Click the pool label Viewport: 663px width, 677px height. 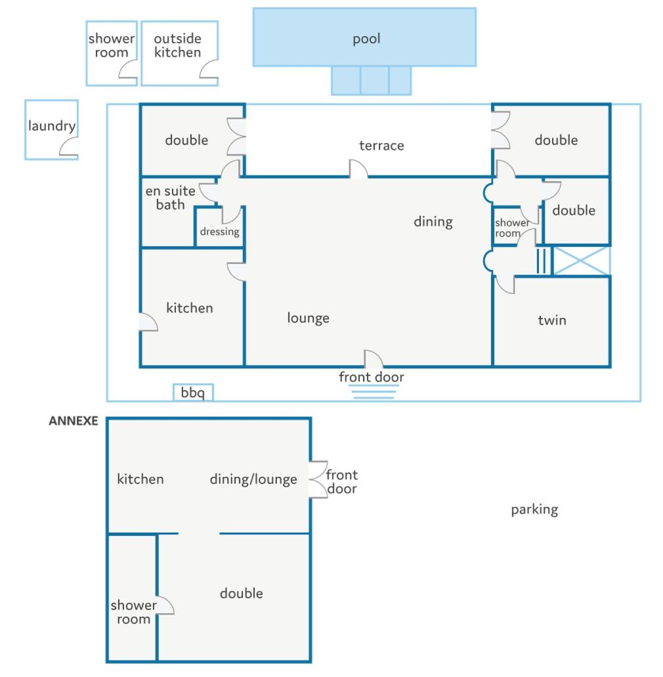(x=366, y=39)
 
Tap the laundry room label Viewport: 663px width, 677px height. (x=52, y=125)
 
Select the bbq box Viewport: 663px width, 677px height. (x=193, y=392)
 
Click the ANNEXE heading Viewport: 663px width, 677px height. (x=74, y=420)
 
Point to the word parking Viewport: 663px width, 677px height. (x=534, y=510)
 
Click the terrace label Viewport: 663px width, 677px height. (x=381, y=146)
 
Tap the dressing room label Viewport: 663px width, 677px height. (x=220, y=231)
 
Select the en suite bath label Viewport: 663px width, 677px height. (x=171, y=197)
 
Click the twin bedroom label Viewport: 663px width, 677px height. (x=552, y=320)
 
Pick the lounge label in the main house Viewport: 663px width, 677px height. (x=308, y=318)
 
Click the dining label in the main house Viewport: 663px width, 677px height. (x=433, y=221)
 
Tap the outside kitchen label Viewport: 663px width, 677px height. (x=178, y=45)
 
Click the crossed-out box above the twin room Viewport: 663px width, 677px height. (x=582, y=261)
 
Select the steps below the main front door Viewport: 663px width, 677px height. (x=374, y=391)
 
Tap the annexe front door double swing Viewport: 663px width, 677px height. (x=318, y=480)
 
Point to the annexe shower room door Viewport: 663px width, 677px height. (x=165, y=605)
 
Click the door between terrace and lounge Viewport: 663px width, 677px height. (x=358, y=168)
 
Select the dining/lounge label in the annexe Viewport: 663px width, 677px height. (x=253, y=479)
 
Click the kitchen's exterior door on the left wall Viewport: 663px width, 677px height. (x=148, y=322)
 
